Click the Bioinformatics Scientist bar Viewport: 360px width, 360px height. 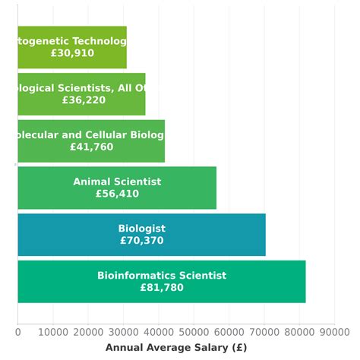pos(161,282)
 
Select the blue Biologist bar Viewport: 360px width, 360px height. pos(141,235)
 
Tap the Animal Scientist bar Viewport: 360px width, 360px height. pos(117,188)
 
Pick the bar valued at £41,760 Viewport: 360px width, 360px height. pos(91,141)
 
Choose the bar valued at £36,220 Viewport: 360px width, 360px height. pos(81,94)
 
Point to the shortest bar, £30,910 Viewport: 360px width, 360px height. pos(72,47)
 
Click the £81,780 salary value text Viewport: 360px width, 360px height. pos(162,288)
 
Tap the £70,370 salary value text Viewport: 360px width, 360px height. pos(141,241)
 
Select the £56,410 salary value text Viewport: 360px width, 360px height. pos(117,194)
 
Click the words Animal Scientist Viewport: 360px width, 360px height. pos(117,182)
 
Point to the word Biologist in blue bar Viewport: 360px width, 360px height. pos(141,229)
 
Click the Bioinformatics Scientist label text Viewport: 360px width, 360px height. pos(162,276)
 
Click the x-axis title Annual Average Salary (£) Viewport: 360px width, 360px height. pos(176,347)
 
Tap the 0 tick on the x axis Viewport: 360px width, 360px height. pos(17,332)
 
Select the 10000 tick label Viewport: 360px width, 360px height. pos(52,332)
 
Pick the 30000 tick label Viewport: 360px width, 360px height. pos(123,332)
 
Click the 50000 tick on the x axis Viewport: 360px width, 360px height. pos(194,332)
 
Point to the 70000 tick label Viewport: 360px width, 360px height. pos(264,332)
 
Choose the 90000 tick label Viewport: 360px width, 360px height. pos(334,332)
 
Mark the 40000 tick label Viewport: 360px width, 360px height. pos(159,332)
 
